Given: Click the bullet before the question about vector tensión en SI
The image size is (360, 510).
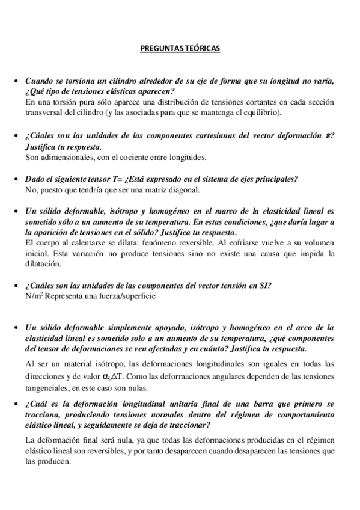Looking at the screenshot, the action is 16,286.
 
